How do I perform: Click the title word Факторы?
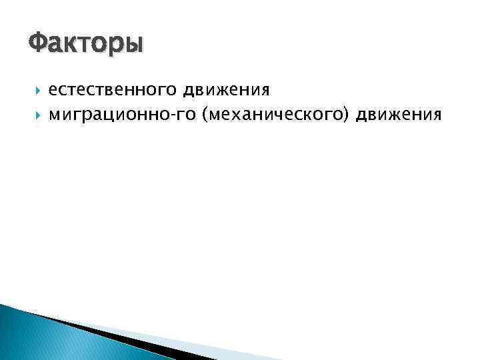click(x=85, y=45)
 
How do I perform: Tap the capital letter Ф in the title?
click(x=39, y=44)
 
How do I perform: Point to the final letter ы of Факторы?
click(x=134, y=46)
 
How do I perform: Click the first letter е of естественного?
click(x=53, y=89)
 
